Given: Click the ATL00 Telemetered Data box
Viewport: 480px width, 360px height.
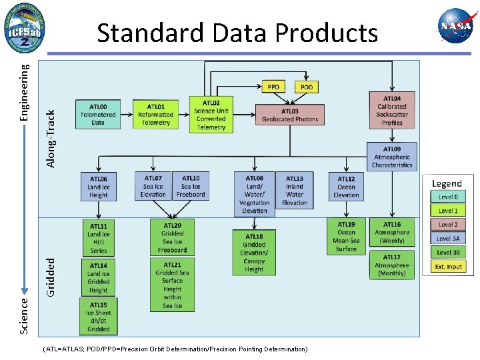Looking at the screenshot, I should pos(98,114).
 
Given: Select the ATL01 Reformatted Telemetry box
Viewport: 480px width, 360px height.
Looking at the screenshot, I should pos(155,114).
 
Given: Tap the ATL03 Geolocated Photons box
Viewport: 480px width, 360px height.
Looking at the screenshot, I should pos(290,115).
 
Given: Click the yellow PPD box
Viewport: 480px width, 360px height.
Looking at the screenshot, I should pos(273,87).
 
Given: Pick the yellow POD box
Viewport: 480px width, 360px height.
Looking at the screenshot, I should pos(307,87).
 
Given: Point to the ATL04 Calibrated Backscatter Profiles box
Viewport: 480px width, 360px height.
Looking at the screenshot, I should pos(392,110).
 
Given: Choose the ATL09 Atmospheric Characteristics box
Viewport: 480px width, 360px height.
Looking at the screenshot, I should pos(392,157).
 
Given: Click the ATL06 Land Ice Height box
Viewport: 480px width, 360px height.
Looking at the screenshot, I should pos(98,187).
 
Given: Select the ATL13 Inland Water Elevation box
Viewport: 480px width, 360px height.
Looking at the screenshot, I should pos(295,190).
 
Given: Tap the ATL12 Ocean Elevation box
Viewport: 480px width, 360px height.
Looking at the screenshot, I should pos(346,187).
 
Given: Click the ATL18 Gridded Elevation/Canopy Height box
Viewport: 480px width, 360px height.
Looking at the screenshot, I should pos(254,253).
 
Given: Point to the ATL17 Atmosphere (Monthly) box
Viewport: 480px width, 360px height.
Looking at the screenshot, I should pos(392,265).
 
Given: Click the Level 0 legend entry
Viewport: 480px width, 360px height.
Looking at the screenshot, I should pos(448,197).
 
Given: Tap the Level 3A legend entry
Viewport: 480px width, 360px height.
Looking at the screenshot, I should pos(448,239).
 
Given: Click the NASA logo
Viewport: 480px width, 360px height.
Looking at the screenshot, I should pos(455,26).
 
